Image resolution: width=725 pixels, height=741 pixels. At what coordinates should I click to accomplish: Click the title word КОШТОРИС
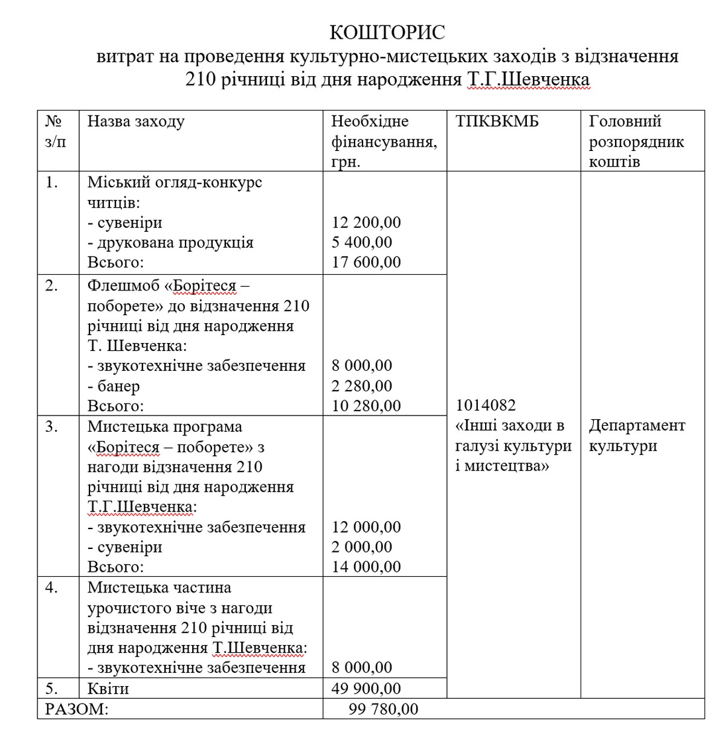(x=387, y=33)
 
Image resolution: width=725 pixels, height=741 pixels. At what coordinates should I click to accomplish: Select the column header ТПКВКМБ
(x=497, y=121)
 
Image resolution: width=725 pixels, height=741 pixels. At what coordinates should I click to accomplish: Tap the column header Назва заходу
(x=136, y=121)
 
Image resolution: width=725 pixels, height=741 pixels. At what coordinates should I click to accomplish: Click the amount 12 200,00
(x=366, y=223)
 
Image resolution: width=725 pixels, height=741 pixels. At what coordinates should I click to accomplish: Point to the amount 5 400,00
(x=362, y=243)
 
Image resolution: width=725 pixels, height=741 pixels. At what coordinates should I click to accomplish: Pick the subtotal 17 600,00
(x=366, y=263)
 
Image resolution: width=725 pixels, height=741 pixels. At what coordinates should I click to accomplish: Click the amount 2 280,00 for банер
(x=362, y=386)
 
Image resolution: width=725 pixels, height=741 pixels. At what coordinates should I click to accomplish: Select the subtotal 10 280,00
(x=366, y=406)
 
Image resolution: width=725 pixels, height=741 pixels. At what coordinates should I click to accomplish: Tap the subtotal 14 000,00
(x=366, y=567)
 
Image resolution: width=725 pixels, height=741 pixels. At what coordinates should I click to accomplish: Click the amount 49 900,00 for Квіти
(x=366, y=688)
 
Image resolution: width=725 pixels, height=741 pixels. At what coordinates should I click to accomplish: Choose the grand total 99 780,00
(x=383, y=709)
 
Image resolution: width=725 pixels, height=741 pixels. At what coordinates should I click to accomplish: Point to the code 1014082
(x=486, y=405)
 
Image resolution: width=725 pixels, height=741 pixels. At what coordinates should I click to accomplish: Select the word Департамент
(x=637, y=426)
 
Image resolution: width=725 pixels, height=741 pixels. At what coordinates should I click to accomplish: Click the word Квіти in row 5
(x=108, y=688)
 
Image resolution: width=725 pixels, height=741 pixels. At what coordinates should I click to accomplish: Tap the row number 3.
(x=52, y=426)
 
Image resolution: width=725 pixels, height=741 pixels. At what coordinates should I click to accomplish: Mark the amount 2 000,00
(x=362, y=547)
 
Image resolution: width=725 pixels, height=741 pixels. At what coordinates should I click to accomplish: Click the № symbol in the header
(x=53, y=121)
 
